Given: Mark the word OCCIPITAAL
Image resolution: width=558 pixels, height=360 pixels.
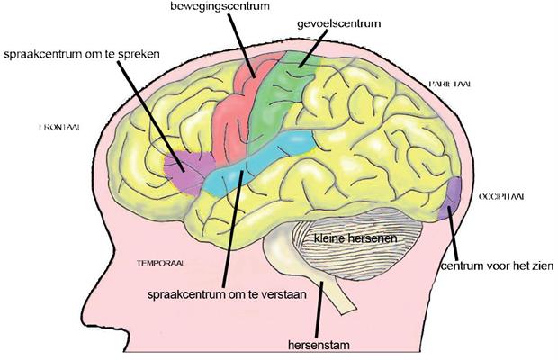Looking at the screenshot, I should (x=502, y=195).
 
